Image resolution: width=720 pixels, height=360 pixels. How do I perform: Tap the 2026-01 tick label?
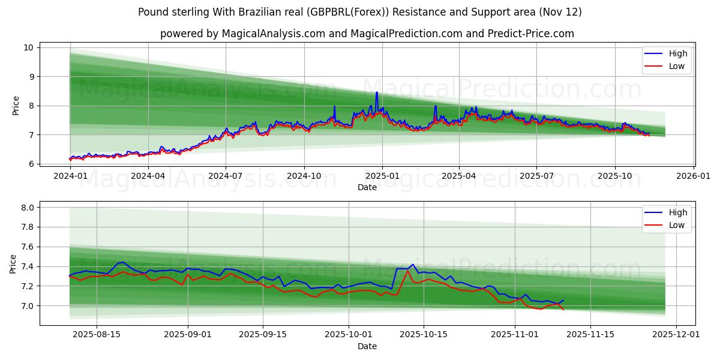pyautogui.click(x=694, y=176)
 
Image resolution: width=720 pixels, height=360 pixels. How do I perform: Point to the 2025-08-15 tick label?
pyautogui.click(x=97, y=335)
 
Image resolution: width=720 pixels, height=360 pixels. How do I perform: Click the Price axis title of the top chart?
pyautogui.click(x=16, y=106)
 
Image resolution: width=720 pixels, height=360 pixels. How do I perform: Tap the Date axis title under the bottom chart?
pyautogui.click(x=367, y=346)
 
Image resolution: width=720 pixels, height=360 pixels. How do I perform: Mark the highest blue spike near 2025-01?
pyautogui.click(x=377, y=92)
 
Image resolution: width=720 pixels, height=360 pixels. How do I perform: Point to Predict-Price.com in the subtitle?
pyautogui.click(x=533, y=34)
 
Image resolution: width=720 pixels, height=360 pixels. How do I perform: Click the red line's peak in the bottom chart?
pyautogui.click(x=408, y=271)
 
